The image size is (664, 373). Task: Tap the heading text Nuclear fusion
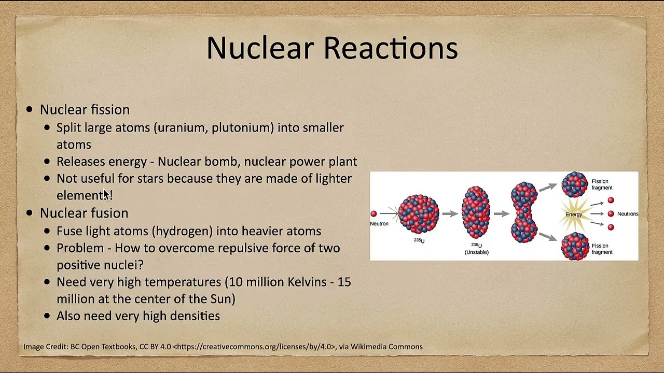84,213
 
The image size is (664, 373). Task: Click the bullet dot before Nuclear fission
30,109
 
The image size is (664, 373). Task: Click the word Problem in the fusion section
80,248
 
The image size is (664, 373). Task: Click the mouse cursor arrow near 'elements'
106,194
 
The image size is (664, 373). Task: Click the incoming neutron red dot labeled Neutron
374,213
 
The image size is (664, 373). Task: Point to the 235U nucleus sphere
419,213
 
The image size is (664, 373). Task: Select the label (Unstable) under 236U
476,252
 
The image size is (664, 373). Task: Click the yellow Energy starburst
574,214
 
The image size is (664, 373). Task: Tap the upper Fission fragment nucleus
574,184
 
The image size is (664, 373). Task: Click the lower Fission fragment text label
602,249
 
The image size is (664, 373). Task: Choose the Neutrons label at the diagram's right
627,214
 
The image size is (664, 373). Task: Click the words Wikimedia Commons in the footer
386,347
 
